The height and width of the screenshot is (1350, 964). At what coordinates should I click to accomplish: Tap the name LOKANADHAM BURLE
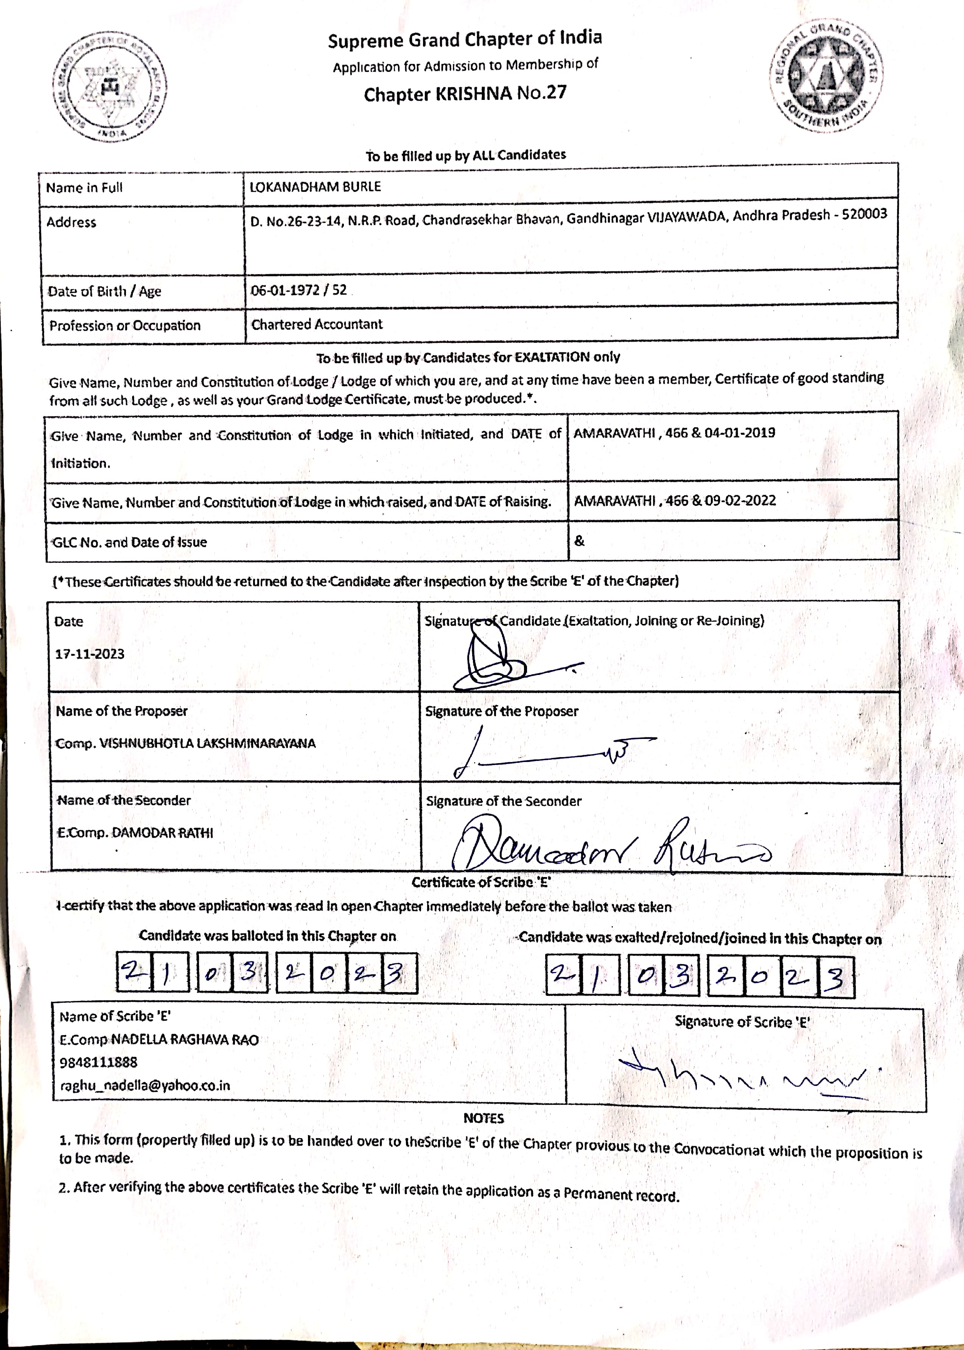pyautogui.click(x=315, y=187)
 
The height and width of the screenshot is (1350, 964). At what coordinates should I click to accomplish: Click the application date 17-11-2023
pyautogui.click(x=90, y=654)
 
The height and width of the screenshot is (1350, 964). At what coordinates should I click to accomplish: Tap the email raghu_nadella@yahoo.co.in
pyautogui.click(x=145, y=1085)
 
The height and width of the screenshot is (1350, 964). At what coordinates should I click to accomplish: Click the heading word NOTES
pyautogui.click(x=483, y=1118)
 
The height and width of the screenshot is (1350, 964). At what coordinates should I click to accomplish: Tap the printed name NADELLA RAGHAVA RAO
pyautogui.click(x=185, y=1039)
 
